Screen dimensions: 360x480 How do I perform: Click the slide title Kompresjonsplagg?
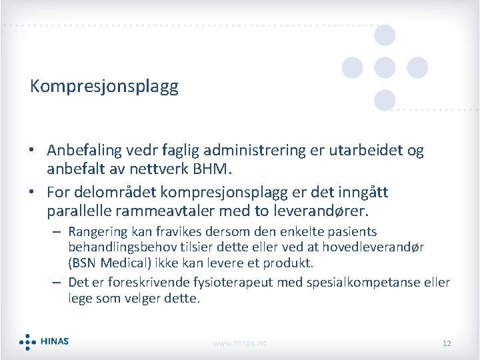104,87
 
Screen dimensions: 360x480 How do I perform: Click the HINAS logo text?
55,342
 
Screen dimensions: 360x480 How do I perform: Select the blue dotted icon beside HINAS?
27,342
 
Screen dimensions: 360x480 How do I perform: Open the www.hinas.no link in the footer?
239,343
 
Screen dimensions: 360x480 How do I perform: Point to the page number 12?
447,343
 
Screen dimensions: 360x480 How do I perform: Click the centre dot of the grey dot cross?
385,67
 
